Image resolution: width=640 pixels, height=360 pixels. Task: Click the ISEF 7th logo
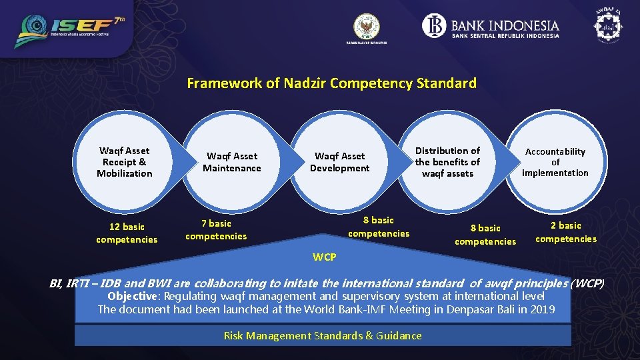70,31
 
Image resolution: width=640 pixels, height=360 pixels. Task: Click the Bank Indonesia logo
491,27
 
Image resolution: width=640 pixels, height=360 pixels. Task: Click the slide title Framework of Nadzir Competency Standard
331,83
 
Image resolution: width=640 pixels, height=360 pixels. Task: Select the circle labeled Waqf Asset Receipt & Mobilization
124,162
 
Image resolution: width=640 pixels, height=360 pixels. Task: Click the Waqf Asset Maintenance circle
232,162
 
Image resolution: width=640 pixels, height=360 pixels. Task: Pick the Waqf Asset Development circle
339,162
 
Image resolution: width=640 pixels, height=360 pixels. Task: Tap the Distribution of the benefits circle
447,162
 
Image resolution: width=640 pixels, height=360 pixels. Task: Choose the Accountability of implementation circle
555,162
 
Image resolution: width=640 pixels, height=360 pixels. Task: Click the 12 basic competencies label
127,233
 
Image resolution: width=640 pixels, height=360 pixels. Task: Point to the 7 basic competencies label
216,230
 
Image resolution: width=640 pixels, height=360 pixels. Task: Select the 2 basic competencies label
565,232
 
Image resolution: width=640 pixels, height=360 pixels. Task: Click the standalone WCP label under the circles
325,257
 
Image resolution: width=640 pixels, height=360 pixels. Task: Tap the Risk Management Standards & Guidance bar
323,335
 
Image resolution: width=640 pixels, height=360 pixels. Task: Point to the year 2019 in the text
541,309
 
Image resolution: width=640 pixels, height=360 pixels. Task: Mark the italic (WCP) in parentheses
587,283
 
